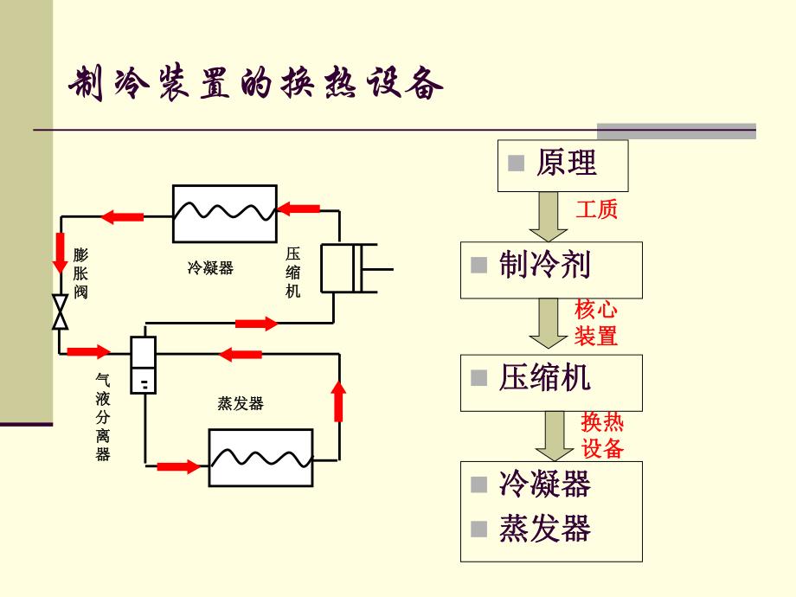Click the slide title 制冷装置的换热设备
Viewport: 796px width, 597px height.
click(256, 85)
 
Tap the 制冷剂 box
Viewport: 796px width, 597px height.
click(551, 267)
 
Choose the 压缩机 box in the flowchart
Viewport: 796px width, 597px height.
click(551, 382)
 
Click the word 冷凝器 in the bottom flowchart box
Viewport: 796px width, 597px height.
click(544, 485)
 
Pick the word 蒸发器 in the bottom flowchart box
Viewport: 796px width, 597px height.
click(544, 530)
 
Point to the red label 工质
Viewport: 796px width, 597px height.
click(597, 209)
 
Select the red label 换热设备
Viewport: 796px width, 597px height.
click(602, 436)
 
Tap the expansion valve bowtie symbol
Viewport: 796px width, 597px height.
click(61, 311)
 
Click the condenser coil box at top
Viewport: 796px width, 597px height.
click(223, 214)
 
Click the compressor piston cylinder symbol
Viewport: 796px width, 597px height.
click(350, 268)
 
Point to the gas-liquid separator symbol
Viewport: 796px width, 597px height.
click(143, 363)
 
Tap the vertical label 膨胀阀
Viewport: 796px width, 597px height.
click(80, 273)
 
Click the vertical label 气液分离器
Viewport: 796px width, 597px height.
click(103, 417)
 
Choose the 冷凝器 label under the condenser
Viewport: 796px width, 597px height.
click(211, 268)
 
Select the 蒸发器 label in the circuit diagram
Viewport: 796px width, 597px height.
click(241, 403)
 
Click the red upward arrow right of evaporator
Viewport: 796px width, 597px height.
click(339, 399)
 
